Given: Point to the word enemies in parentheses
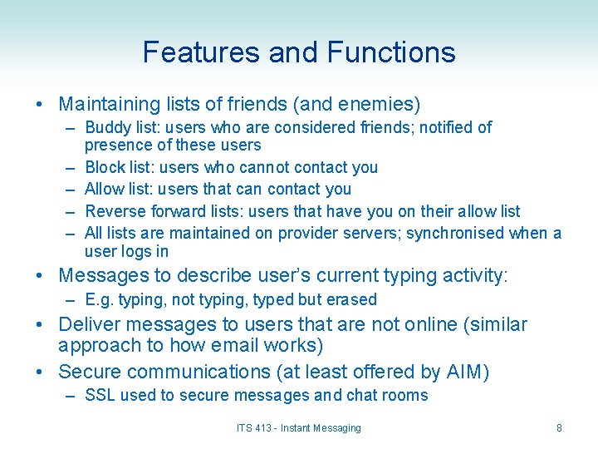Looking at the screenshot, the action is [378, 105].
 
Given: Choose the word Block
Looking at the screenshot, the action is [105, 167].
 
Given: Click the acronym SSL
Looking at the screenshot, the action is [100, 395].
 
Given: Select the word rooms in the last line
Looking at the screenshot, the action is [406, 395].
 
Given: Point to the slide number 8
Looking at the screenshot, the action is [559, 428].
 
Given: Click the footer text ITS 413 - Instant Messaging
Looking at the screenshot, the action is [299, 428].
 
